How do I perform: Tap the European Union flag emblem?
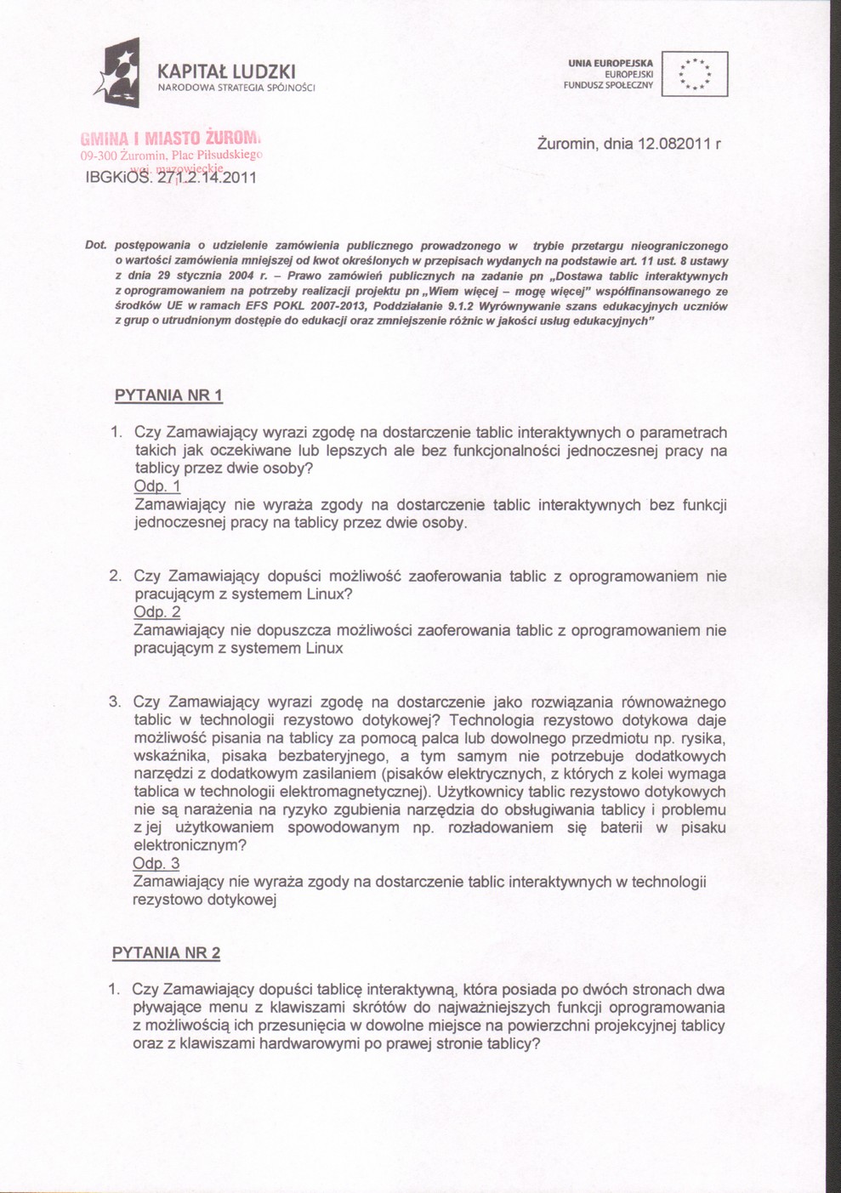(x=695, y=74)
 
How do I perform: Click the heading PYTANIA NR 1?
(x=168, y=395)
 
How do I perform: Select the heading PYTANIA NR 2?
(x=166, y=952)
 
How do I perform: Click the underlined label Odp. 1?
(x=157, y=486)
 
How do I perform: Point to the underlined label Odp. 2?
(x=157, y=612)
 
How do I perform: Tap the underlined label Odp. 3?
(x=156, y=863)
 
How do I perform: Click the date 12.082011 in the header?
(x=669, y=144)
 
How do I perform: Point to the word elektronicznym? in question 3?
(x=190, y=845)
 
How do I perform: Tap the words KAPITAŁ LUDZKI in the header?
(x=227, y=70)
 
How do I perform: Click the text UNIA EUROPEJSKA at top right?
(x=611, y=63)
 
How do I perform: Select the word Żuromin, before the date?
(x=567, y=144)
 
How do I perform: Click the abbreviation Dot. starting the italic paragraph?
(x=95, y=246)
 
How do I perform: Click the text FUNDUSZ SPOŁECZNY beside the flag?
(x=607, y=85)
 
